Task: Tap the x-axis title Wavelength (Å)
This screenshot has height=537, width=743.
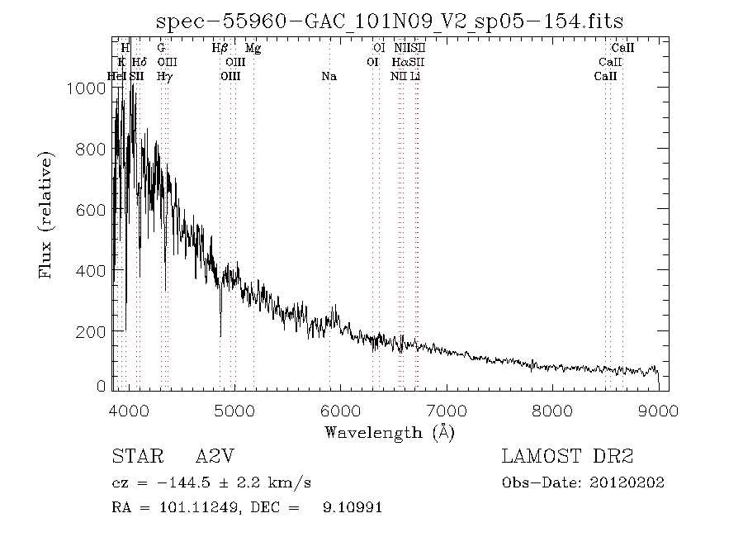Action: click(x=390, y=431)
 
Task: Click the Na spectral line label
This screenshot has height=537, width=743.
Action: click(x=329, y=76)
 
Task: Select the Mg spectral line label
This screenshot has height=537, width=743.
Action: click(x=253, y=49)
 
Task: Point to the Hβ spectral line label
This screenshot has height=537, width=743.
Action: click(x=220, y=49)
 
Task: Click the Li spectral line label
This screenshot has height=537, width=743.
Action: click(x=416, y=76)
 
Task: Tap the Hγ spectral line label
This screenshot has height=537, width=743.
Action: click(x=164, y=76)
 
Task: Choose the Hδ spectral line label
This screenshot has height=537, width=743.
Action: click(x=139, y=62)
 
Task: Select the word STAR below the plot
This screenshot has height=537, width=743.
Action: click(x=135, y=457)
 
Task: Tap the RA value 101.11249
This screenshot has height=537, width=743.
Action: click(x=189, y=507)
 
